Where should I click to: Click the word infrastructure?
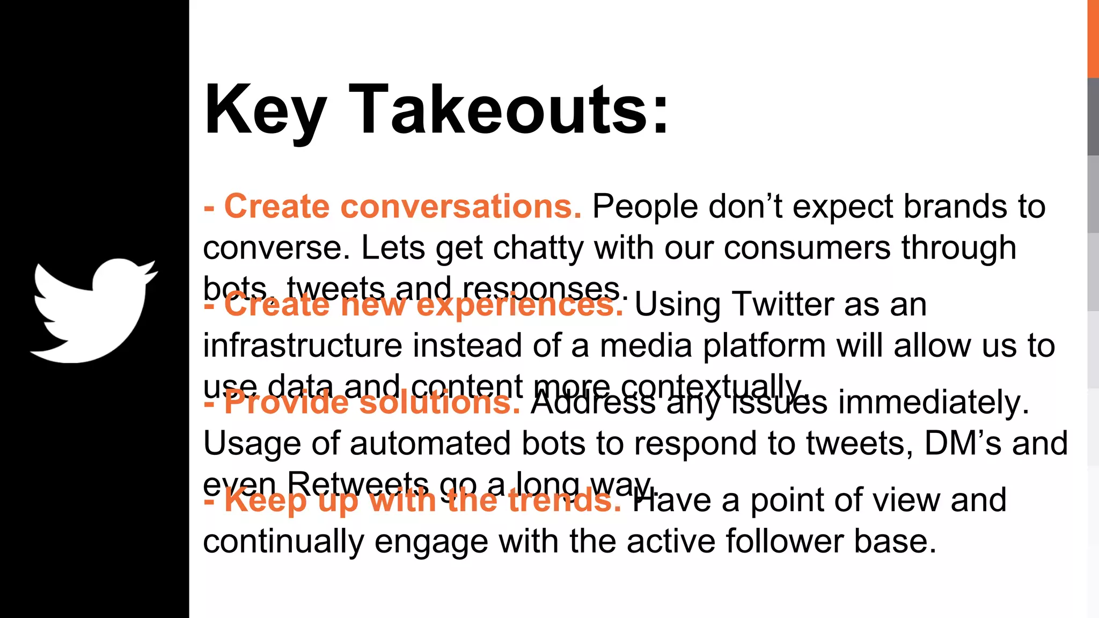[x=302, y=345]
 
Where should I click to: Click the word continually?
[x=283, y=541]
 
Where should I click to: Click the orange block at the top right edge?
[x=1093, y=38]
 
